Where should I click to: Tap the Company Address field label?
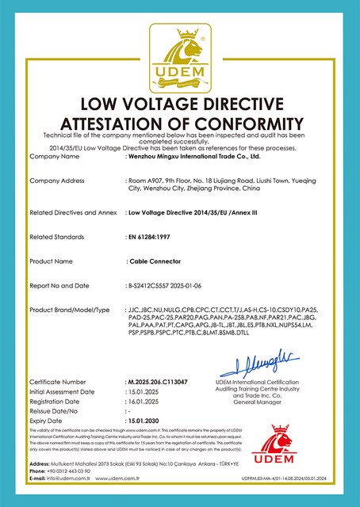(x=56, y=181)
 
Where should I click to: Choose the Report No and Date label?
(x=59, y=284)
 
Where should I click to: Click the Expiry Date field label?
(x=47, y=421)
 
